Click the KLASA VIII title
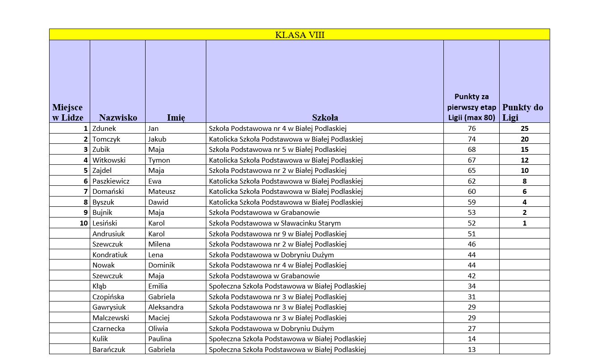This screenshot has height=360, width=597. click(300, 35)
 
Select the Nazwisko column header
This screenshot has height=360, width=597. click(118, 117)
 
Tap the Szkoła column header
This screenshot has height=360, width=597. click(325, 117)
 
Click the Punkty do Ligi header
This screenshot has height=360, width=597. click(523, 113)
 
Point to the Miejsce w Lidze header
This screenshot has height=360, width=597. click(67, 113)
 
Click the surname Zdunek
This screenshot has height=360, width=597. click(104, 129)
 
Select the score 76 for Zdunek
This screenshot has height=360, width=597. click(472, 129)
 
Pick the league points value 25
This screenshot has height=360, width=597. click(524, 129)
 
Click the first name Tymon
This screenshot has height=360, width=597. click(159, 160)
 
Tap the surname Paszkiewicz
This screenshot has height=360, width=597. click(111, 181)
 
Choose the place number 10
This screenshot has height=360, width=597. click(83, 223)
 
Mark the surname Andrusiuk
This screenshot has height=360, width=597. click(109, 234)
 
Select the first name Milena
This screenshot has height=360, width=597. click(159, 244)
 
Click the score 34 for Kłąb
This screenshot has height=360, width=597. click(472, 286)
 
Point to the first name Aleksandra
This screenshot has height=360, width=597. click(166, 307)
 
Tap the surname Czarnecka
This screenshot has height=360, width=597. click(109, 328)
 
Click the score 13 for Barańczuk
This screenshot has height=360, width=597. click(472, 350)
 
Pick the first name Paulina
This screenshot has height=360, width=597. click(160, 339)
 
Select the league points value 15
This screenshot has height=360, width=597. click(524, 150)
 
